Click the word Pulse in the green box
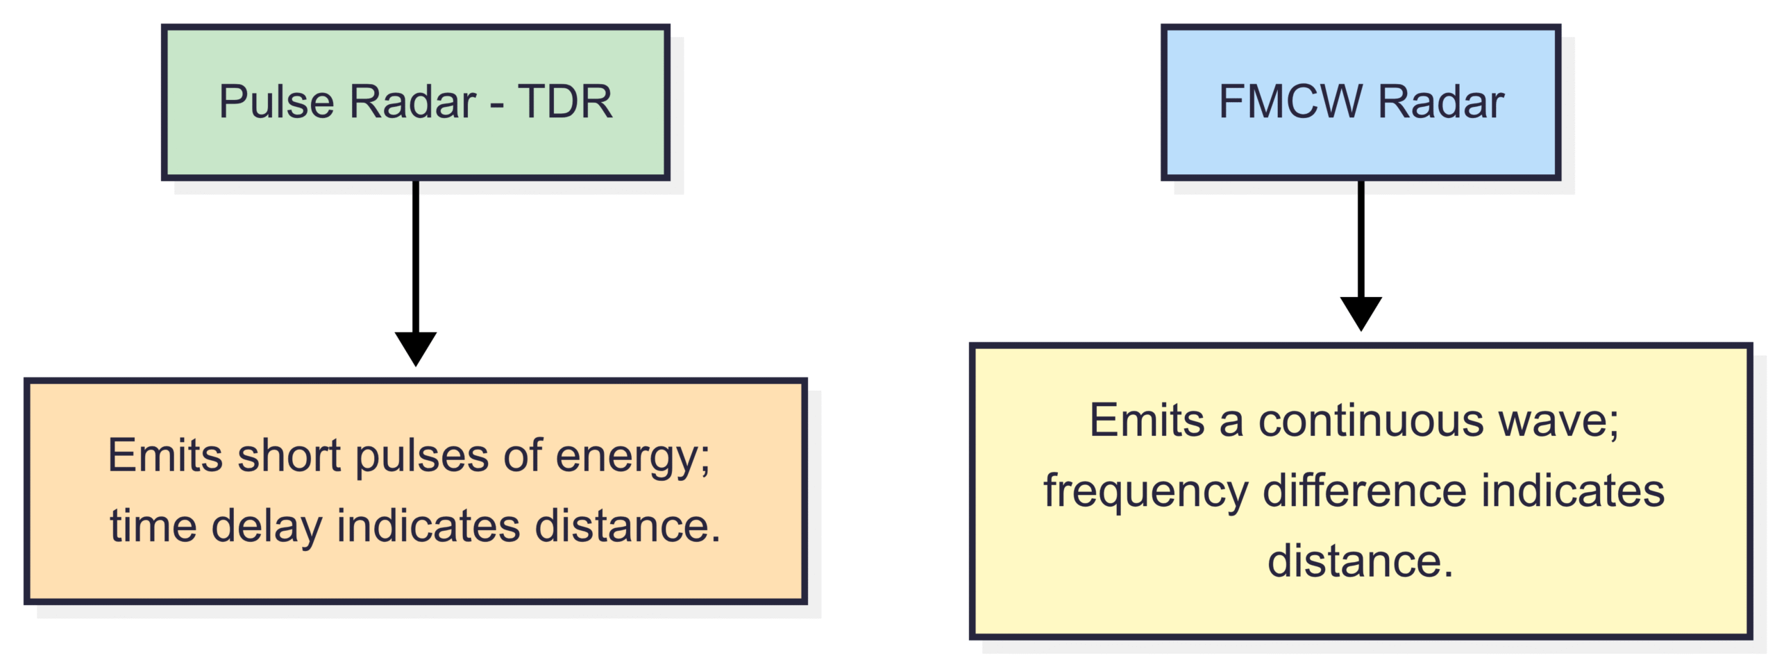pyautogui.click(x=276, y=102)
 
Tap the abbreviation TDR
pyautogui.click(x=565, y=102)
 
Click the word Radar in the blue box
pyautogui.click(x=1441, y=102)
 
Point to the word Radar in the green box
pyautogui.click(x=413, y=102)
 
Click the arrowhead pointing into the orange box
pyautogui.click(x=416, y=348)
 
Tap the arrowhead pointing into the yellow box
pyautogui.click(x=1361, y=314)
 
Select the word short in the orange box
pyautogui.click(x=289, y=456)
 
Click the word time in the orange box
pyautogui.click(x=153, y=525)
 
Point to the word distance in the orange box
pyautogui.click(x=628, y=525)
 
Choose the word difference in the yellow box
pyautogui.click(x=1365, y=491)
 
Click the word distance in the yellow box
pyautogui.click(x=1360, y=561)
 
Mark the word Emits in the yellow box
pyautogui.click(x=1147, y=421)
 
